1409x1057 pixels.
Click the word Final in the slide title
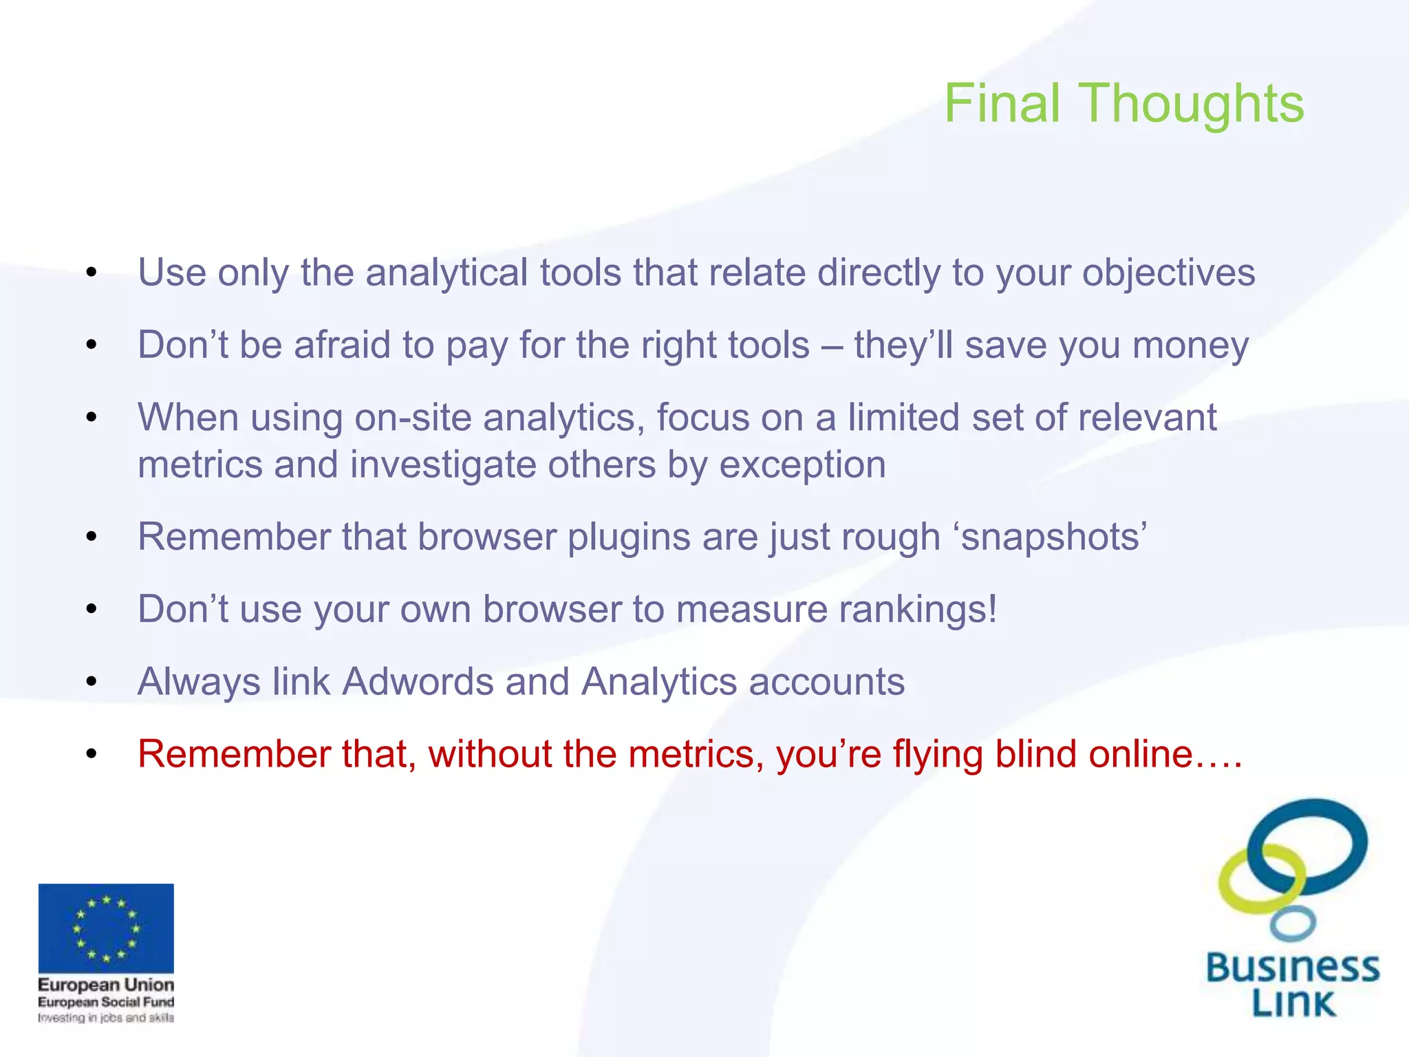pyautogui.click(x=1002, y=103)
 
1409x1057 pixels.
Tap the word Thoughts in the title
pyautogui.click(x=1193, y=103)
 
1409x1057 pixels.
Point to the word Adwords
pyautogui.click(x=418, y=682)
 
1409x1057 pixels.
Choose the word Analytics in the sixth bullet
pyautogui.click(x=659, y=683)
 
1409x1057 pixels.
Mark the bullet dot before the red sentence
pyautogui.click(x=92, y=755)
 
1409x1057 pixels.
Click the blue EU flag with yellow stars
pyautogui.click(x=106, y=928)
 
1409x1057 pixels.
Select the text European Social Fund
pyautogui.click(x=106, y=1002)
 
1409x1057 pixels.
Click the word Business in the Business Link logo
pyautogui.click(x=1293, y=968)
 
